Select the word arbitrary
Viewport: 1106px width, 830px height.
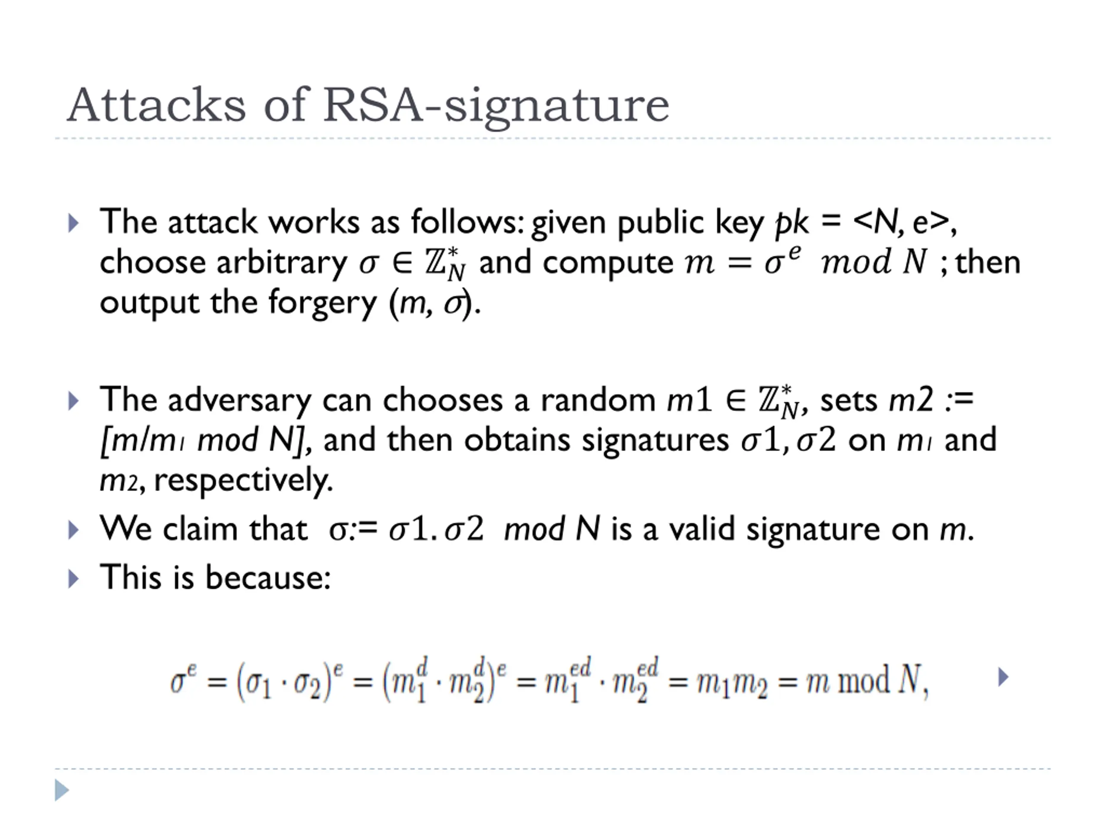tap(282, 263)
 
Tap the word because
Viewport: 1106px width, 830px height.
tap(268, 577)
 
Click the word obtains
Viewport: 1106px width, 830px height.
tap(517, 440)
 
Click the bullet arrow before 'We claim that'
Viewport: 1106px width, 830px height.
tap(73, 530)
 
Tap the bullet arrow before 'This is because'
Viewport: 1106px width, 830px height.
tap(73, 579)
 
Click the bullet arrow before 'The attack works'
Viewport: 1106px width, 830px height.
tap(73, 223)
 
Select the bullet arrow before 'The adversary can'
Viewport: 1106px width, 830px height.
tap(73, 401)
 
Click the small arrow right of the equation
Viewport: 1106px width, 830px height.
tap(1003, 677)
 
